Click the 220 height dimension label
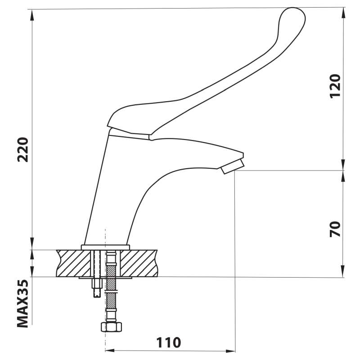[23, 150]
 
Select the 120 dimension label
[335, 86]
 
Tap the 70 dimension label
[335, 229]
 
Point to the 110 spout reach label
[168, 342]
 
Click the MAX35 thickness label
[23, 303]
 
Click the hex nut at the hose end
[111, 327]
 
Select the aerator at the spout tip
[232, 166]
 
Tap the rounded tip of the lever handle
[293, 14]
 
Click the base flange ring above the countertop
[105, 247]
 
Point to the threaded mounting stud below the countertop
[97, 288]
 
